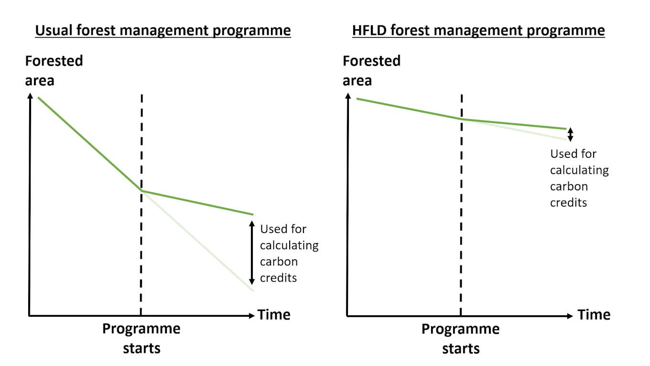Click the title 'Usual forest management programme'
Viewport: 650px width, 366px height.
[x=163, y=31]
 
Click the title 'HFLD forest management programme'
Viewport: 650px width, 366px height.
[x=478, y=31]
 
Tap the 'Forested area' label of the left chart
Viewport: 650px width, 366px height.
[x=54, y=71]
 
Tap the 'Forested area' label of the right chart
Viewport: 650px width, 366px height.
[x=371, y=71]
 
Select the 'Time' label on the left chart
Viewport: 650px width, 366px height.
[x=274, y=315]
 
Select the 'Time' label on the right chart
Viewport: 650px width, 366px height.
[x=594, y=315]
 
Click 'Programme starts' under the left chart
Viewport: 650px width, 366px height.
[x=141, y=338]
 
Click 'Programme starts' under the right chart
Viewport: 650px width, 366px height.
[x=461, y=339]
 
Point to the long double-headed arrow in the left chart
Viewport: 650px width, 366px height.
[x=252, y=253]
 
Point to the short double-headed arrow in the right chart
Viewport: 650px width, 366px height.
[x=570, y=134]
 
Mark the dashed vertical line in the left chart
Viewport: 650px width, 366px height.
[x=141, y=205]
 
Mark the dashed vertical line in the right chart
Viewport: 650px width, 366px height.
[x=461, y=205]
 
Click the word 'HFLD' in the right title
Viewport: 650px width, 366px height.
[x=369, y=30]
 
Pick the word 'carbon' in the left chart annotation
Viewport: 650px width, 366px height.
[x=279, y=262]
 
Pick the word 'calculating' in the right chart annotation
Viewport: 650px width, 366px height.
[x=579, y=170]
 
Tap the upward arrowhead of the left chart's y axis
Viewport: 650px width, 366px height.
[x=30, y=96]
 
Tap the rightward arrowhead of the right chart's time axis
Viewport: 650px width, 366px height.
[x=570, y=316]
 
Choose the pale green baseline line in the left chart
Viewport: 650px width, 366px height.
[x=197, y=241]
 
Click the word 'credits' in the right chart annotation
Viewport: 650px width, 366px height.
[x=568, y=202]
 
